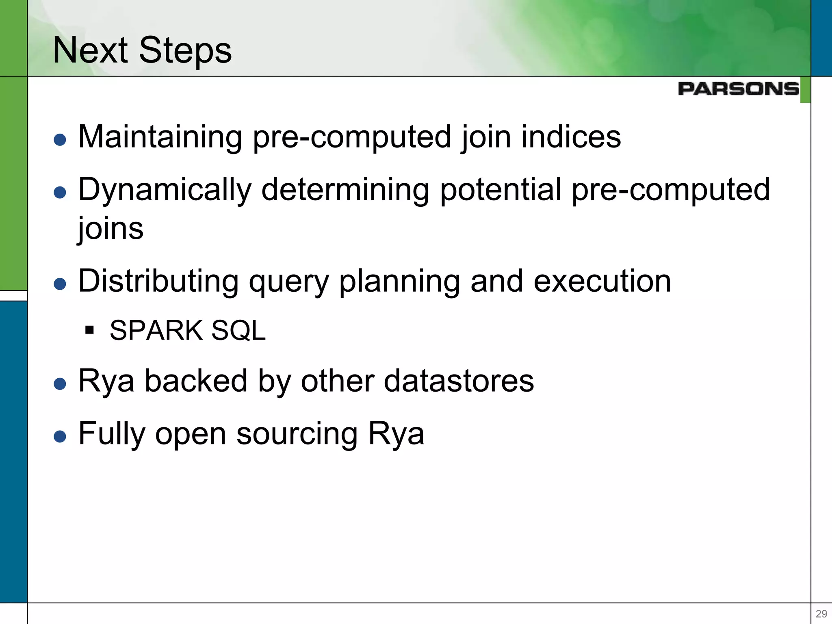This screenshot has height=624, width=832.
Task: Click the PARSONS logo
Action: tap(738, 89)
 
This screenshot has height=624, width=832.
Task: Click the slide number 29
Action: tap(821, 613)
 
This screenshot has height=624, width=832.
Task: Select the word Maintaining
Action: tap(160, 137)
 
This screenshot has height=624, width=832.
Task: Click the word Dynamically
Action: tap(165, 190)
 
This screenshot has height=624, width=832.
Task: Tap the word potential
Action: tap(500, 190)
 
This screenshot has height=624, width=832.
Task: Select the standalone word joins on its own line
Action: tap(110, 228)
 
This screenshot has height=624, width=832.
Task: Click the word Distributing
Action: tap(158, 281)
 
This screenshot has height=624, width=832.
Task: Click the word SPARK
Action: tap(156, 330)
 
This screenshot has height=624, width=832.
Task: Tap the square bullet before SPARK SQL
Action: tap(90, 329)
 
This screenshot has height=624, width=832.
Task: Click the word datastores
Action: tap(459, 381)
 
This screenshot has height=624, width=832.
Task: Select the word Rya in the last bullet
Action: tap(396, 434)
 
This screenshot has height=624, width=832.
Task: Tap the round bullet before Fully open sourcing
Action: tap(60, 436)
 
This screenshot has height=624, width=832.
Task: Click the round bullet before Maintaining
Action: tap(60, 140)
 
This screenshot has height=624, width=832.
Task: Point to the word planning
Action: tap(399, 281)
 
